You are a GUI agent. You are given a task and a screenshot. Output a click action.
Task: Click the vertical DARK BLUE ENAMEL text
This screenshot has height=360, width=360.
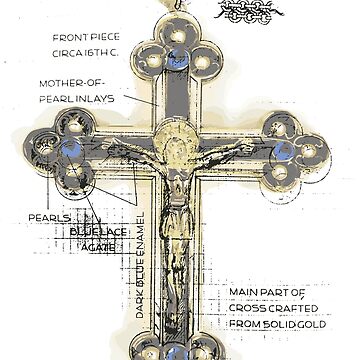pyautogui.click(x=140, y=265)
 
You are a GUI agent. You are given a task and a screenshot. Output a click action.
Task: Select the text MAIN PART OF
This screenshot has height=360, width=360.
pyautogui.click(x=264, y=292)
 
